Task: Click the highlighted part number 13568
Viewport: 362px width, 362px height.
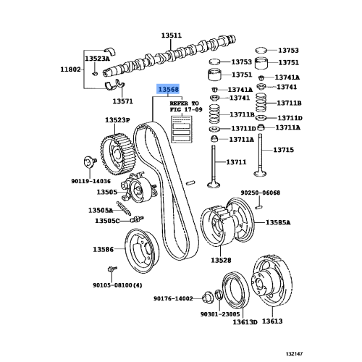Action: click(x=167, y=90)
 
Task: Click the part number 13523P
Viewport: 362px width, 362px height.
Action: click(x=117, y=120)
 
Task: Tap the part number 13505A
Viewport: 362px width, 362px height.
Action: click(x=101, y=210)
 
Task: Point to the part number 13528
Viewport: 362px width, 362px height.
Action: click(x=221, y=259)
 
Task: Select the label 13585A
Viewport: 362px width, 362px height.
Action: click(x=277, y=223)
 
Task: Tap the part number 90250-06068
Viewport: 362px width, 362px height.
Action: click(x=260, y=193)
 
